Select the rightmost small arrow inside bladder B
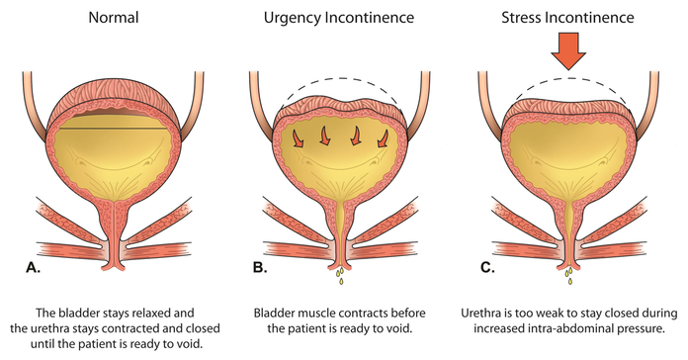384,138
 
